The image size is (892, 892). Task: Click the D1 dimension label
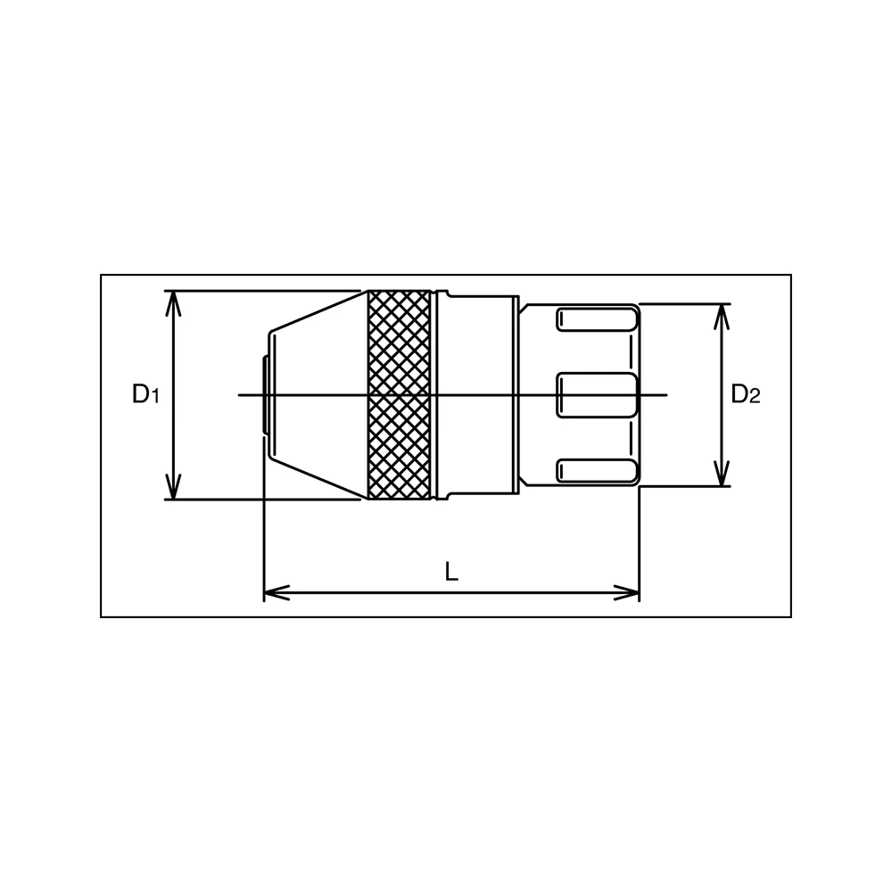pos(145,393)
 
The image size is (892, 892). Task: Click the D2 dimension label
pos(745,393)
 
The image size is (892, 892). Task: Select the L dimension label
pos(451,572)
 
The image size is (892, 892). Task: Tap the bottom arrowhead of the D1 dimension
pos(173,487)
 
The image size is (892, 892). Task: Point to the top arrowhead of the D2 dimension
pos(722,317)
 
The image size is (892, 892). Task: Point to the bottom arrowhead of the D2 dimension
pos(722,474)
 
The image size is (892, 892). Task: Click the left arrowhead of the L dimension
pos(277,593)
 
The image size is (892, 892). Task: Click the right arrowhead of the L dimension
pos(626,593)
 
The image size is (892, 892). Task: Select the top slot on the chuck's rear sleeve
pos(596,319)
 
